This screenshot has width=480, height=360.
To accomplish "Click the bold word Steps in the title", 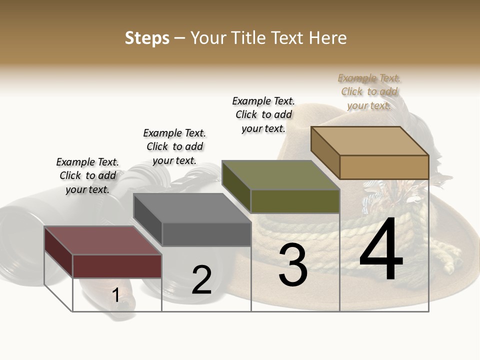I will tap(147, 38).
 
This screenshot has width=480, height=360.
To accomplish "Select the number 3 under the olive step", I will tap(293, 265).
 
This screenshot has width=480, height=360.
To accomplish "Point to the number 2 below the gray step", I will tap(202, 280).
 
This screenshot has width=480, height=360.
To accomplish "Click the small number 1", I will tap(115, 295).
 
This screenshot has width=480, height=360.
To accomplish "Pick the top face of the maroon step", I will tap(103, 240).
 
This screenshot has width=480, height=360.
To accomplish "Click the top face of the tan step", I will tap(370, 141).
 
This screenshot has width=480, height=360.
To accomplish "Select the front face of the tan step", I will tap(384, 167).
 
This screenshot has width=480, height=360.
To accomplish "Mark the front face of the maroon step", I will tap(117, 266).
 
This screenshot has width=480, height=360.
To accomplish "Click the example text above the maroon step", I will tap(87, 175).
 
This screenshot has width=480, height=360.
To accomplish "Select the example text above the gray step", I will tap(174, 146).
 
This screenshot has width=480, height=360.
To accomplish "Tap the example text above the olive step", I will tap(263, 114).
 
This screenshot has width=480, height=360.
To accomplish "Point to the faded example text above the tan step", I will tap(369, 91).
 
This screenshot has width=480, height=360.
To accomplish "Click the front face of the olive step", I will tap(295, 201).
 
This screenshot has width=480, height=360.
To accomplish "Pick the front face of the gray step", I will tap(206, 234).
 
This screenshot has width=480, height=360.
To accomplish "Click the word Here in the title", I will tap(327, 38).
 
